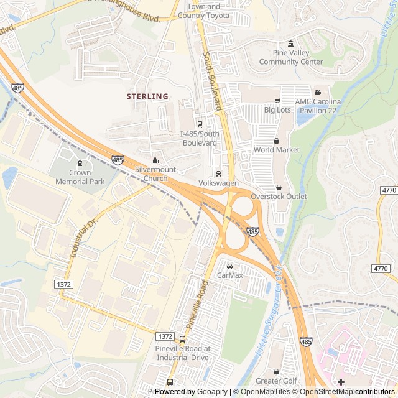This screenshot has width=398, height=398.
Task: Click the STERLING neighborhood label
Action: pyautogui.click(x=147, y=96)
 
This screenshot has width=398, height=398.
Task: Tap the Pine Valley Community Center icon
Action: pyautogui.click(x=291, y=43)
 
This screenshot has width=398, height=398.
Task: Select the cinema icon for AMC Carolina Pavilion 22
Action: pyautogui.click(x=318, y=92)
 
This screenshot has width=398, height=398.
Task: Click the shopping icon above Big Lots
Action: pyautogui.click(x=277, y=101)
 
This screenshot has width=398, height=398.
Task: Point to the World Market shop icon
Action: pyautogui.click(x=276, y=141)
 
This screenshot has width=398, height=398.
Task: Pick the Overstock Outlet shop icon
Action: pyautogui.click(x=279, y=187)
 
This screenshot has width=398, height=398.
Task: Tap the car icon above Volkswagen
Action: pyautogui.click(x=218, y=174)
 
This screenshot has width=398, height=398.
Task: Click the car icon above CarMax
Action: pyautogui.click(x=229, y=266)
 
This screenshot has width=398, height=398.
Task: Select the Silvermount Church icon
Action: pyautogui.click(x=155, y=161)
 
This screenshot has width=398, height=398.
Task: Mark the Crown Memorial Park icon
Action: pyautogui.click(x=80, y=164)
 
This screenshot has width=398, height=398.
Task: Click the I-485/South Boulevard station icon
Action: pyautogui.click(x=199, y=124)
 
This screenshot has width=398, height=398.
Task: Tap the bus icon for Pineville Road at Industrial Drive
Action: pyautogui.click(x=182, y=340)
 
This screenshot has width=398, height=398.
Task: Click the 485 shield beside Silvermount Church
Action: pyautogui.click(x=118, y=160)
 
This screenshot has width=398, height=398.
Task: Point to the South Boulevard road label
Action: pyautogui.click(x=212, y=81)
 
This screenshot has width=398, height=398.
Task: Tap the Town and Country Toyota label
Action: pyautogui.click(x=203, y=11)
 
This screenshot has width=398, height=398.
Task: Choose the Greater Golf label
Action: pyautogui.click(x=277, y=381)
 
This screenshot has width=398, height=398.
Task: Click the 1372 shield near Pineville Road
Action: pyautogui.click(x=165, y=336)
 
